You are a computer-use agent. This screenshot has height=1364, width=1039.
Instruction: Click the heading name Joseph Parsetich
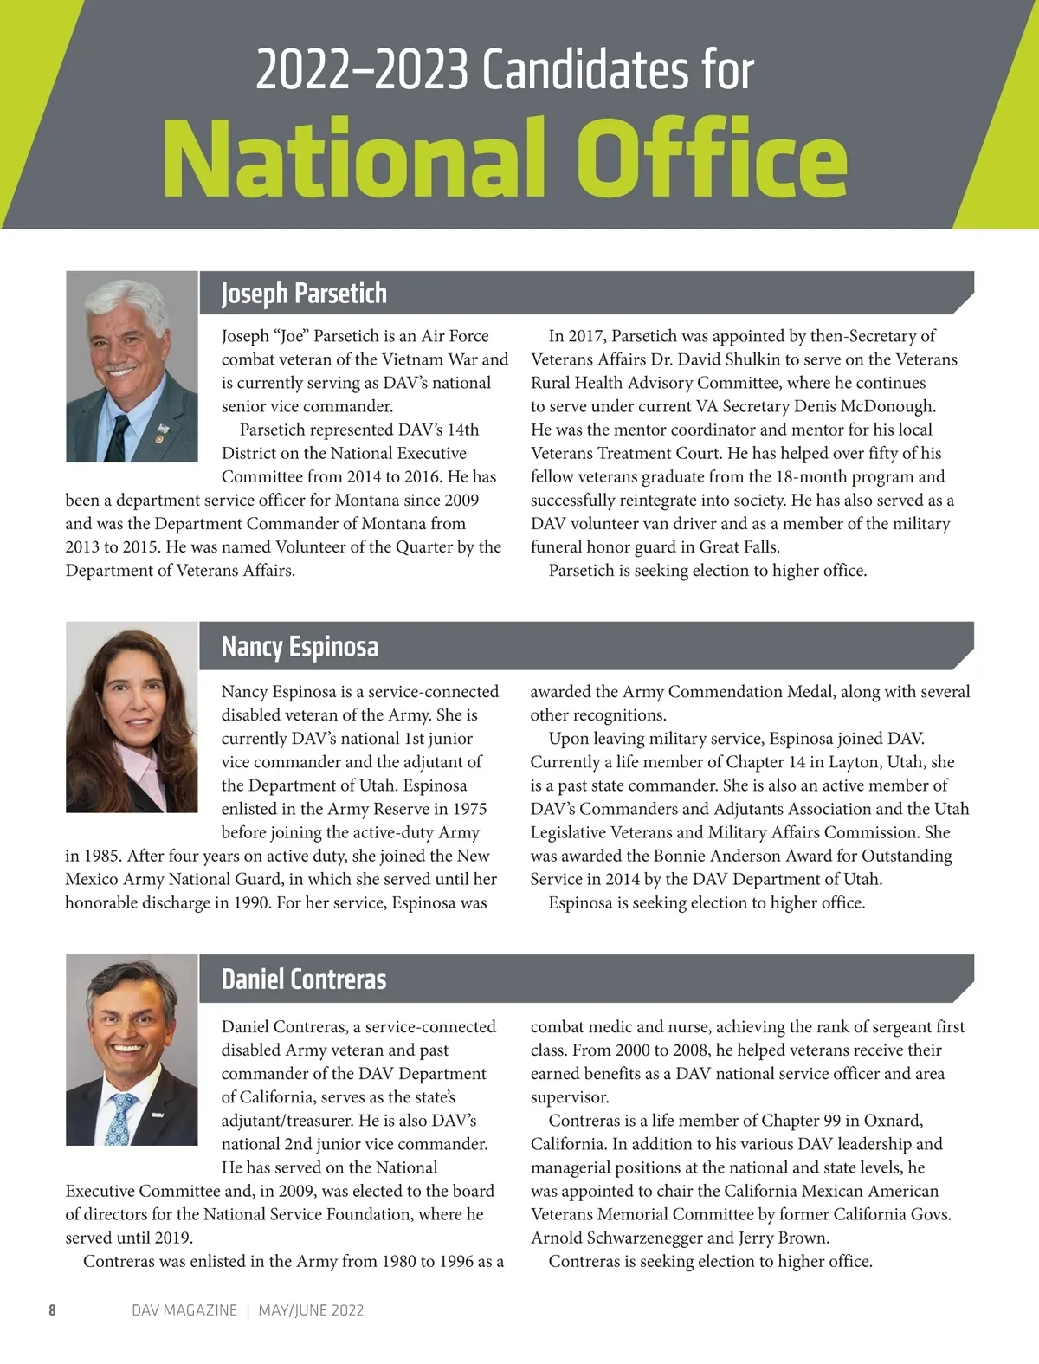[x=304, y=294]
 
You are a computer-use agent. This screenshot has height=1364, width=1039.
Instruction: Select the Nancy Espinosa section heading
[x=300, y=647]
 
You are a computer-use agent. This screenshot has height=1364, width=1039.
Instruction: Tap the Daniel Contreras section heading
[x=304, y=979]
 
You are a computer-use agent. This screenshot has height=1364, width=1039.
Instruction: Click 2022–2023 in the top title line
[x=362, y=70]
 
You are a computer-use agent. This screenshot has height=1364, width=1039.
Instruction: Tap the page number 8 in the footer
[x=52, y=1310]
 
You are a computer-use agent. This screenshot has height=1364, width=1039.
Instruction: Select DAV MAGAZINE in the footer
[x=184, y=1310]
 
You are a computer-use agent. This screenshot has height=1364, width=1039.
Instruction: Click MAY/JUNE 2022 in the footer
[x=311, y=1310]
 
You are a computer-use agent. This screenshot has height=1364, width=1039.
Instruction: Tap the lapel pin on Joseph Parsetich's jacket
[x=162, y=429]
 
